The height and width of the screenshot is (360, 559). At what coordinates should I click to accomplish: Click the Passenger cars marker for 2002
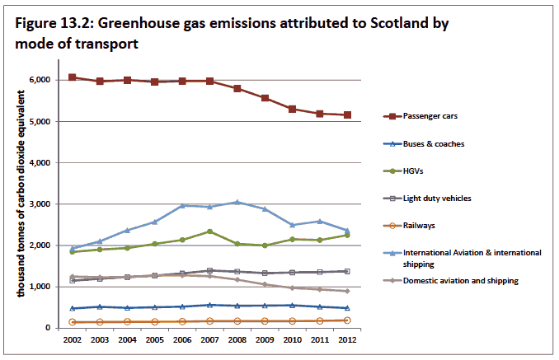73,77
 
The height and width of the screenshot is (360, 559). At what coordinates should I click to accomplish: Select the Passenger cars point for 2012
347,115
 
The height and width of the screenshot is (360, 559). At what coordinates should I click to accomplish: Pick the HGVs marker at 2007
210,231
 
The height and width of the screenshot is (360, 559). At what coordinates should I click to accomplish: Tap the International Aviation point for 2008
237,202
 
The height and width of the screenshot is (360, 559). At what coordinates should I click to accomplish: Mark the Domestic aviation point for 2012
347,291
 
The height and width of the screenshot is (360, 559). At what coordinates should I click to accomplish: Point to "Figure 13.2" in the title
51,23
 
